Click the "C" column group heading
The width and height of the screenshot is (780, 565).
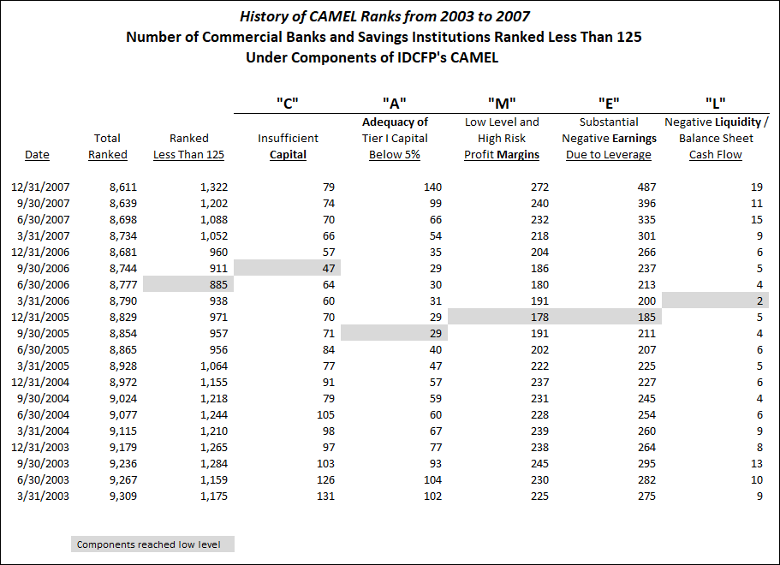click(x=288, y=104)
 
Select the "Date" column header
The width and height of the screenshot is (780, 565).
click(x=38, y=155)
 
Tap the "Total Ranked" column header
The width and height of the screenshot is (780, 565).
click(x=107, y=146)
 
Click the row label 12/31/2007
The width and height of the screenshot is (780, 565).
click(x=40, y=187)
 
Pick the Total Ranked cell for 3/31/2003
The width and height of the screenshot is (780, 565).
click(x=123, y=496)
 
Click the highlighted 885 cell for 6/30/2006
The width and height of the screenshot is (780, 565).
click(x=188, y=284)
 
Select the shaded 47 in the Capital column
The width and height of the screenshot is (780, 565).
click(x=288, y=268)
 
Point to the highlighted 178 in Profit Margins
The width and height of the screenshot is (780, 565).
click(x=502, y=317)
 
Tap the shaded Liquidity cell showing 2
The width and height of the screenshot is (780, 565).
click(x=715, y=300)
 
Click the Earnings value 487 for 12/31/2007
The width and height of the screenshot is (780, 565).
click(x=646, y=187)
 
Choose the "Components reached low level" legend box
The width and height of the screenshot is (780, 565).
click(x=152, y=544)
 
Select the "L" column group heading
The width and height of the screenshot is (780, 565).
click(x=715, y=104)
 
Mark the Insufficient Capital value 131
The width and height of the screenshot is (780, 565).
click(x=325, y=496)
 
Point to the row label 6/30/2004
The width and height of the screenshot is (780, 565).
click(x=44, y=414)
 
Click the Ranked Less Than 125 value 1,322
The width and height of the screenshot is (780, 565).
click(x=214, y=187)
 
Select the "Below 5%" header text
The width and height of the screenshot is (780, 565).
click(x=395, y=155)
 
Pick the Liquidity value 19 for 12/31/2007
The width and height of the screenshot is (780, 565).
click(x=757, y=187)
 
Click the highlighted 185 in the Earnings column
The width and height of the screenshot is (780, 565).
click(x=609, y=317)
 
